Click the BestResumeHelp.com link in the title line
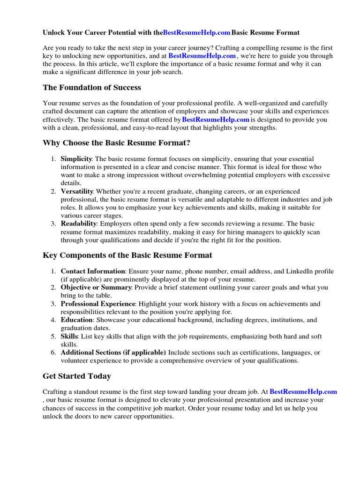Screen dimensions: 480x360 pyautogui.click(x=197, y=33)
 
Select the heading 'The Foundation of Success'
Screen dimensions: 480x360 pyautogui.click(x=92, y=88)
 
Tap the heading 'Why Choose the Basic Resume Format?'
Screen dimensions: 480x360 pyautogui.click(x=117, y=143)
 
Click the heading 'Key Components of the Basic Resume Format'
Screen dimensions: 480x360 pyautogui.click(x=127, y=255)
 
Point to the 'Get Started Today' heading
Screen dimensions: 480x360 pyautogui.click(x=77, y=376)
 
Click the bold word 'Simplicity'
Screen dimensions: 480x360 pyautogui.click(x=76, y=159)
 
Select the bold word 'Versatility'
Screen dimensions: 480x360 pyautogui.click(x=77, y=192)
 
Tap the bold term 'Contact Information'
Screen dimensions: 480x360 pyautogui.click(x=93, y=271)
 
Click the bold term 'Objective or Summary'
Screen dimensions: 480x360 pyautogui.click(x=97, y=288)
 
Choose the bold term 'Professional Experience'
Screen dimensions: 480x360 pyautogui.click(x=98, y=304)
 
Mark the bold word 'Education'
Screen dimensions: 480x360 pyautogui.click(x=77, y=320)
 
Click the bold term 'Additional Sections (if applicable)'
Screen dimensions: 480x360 pyautogui.click(x=113, y=352)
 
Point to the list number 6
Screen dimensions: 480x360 pyautogui.click(x=53, y=352)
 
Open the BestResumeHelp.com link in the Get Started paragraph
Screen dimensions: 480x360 pyautogui.click(x=303, y=392)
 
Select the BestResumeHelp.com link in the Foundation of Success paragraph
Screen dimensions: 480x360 pyautogui.click(x=216, y=120)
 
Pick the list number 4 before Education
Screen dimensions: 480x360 pyautogui.click(x=53, y=320)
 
